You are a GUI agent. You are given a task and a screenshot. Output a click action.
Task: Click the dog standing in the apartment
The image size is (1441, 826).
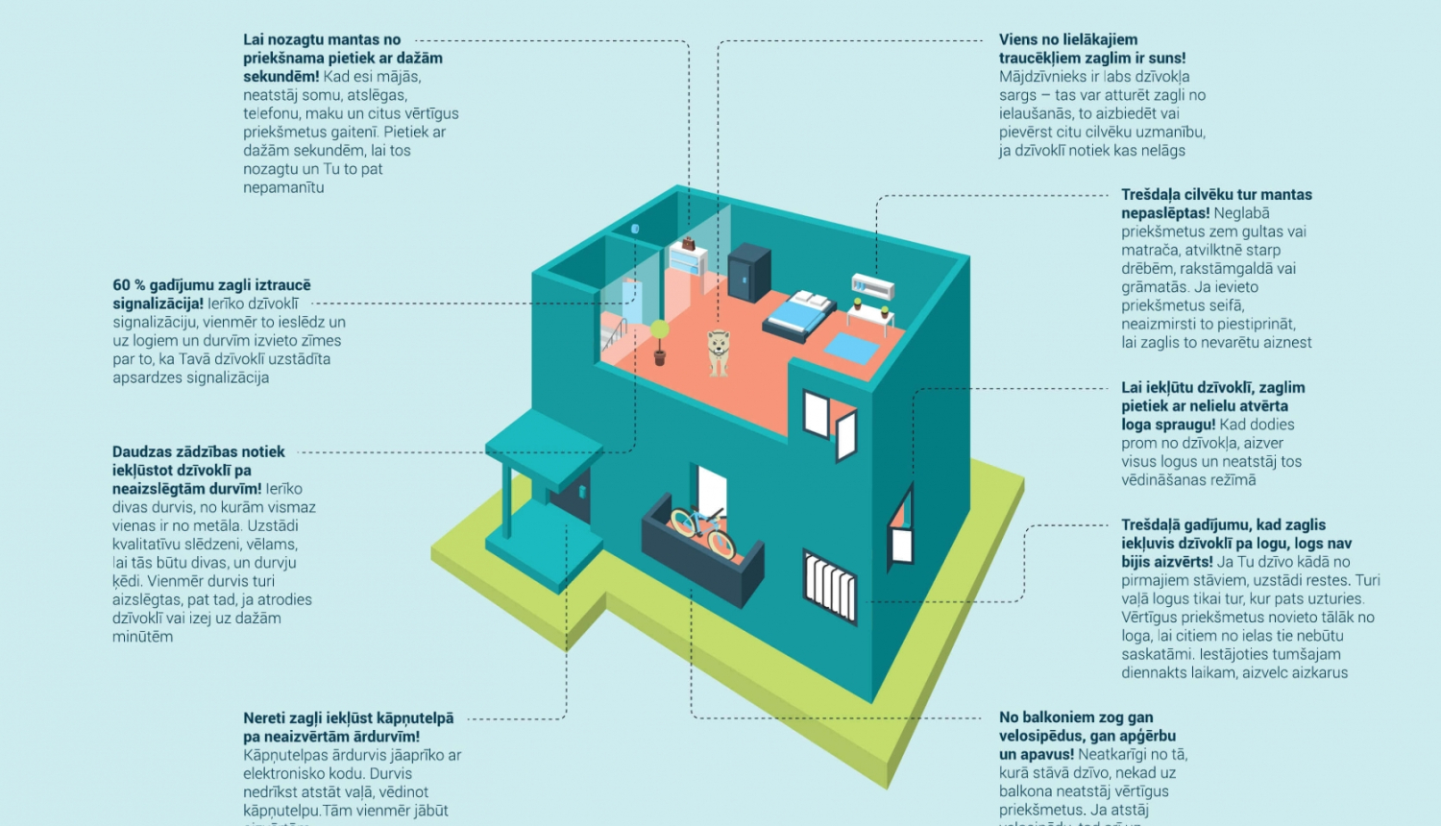(718, 352)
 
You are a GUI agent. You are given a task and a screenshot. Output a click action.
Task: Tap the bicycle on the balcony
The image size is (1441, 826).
(702, 529)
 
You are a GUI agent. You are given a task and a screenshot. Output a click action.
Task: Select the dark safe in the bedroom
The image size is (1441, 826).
(749, 272)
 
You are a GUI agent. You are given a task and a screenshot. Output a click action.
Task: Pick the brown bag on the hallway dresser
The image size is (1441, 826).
(688, 244)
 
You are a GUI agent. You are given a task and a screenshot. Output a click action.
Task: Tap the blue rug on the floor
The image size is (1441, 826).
(852, 347)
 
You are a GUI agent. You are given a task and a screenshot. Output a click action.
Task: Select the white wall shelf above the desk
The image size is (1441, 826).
(872, 284)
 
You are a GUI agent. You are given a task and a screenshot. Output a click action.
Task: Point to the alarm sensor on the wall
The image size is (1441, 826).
(635, 229)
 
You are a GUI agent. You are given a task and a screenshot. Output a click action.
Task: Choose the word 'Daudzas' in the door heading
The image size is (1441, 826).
(138, 451)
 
